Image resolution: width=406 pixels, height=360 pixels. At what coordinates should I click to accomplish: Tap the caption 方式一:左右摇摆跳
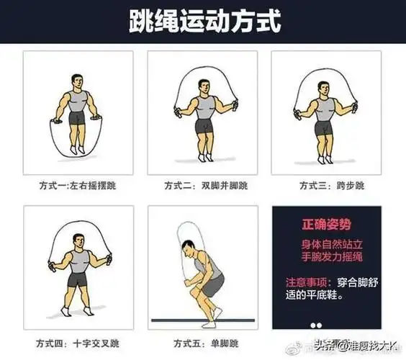click(x=77, y=185)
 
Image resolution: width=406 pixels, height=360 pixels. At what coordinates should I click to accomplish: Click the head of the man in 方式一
click(x=78, y=80)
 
